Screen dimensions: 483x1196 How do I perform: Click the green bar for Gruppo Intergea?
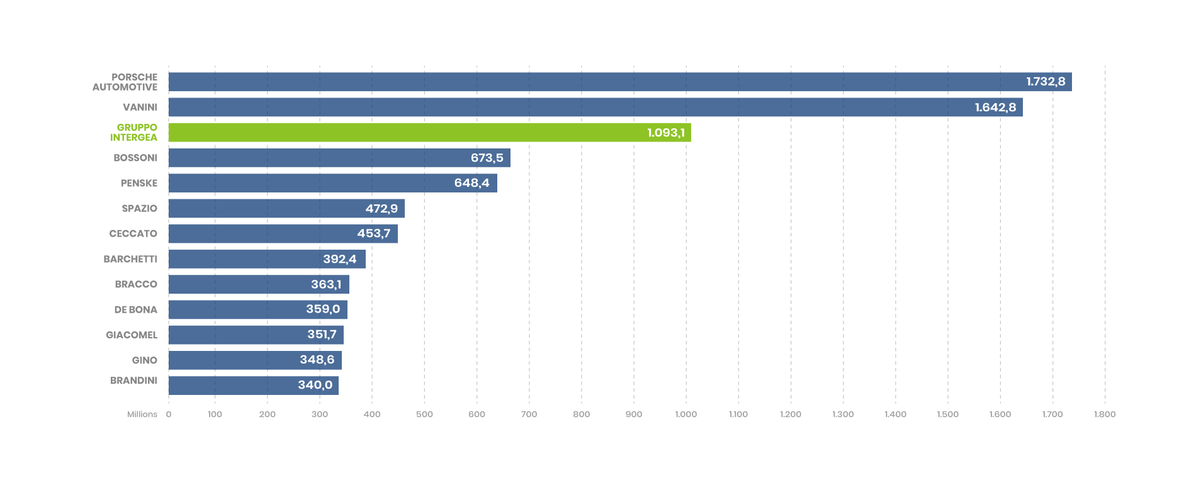pos(428,132)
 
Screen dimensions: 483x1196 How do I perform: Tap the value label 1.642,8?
pos(995,108)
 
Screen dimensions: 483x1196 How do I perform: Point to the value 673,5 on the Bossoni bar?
pos(487,158)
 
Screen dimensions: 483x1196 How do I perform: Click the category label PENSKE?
pos(139,183)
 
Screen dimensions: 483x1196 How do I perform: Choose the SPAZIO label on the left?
pos(139,208)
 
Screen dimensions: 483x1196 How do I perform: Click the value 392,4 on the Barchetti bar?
pos(339,259)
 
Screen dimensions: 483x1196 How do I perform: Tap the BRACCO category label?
pos(136,284)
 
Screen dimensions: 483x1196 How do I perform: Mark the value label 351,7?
pos(322,335)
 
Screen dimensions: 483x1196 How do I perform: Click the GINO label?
pos(144,360)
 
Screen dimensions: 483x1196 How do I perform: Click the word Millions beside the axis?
pos(142,414)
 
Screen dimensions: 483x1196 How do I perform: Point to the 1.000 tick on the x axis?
pos(686,414)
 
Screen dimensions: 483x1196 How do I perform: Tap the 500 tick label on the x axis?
pos(424,414)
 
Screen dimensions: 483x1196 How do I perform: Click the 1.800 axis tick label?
pos(1105,414)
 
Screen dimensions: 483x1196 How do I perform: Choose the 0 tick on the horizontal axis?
pos(169,414)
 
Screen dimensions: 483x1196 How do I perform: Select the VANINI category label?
pos(140,107)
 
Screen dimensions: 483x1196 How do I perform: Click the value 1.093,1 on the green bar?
pos(666,133)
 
